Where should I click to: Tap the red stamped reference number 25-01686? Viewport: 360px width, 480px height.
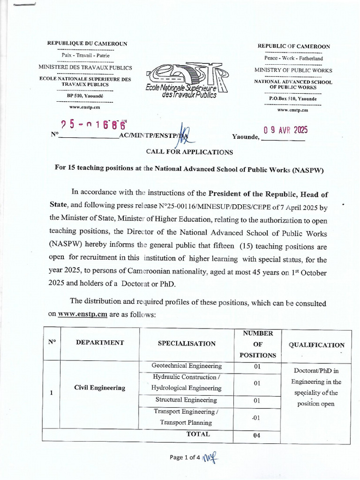pyautogui.click(x=94, y=125)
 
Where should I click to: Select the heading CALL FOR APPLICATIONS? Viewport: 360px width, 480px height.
pyautogui.click(x=189, y=152)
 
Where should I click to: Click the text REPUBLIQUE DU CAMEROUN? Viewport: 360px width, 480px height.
pyautogui.click(x=87, y=44)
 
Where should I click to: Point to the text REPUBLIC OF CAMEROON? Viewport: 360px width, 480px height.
pyautogui.click(x=293, y=46)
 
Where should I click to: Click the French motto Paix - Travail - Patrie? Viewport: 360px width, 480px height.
pyautogui.click(x=85, y=55)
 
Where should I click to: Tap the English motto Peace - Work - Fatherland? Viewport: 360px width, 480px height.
pyautogui.click(x=293, y=59)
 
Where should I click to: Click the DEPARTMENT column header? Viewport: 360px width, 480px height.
pyautogui.click(x=100, y=343)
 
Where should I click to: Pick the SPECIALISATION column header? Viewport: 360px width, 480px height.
pyautogui.click(x=187, y=344)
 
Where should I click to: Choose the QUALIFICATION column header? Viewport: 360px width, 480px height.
pyautogui.click(x=316, y=345)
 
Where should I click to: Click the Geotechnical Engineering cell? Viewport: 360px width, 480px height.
pyautogui.click(x=187, y=366)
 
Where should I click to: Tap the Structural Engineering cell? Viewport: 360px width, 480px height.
pyautogui.click(x=187, y=400)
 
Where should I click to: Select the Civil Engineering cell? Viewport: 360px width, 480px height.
pyautogui.click(x=100, y=388)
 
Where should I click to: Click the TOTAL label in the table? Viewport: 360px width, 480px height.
pyautogui.click(x=198, y=434)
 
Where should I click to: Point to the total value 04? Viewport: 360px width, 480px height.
pyautogui.click(x=257, y=435)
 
